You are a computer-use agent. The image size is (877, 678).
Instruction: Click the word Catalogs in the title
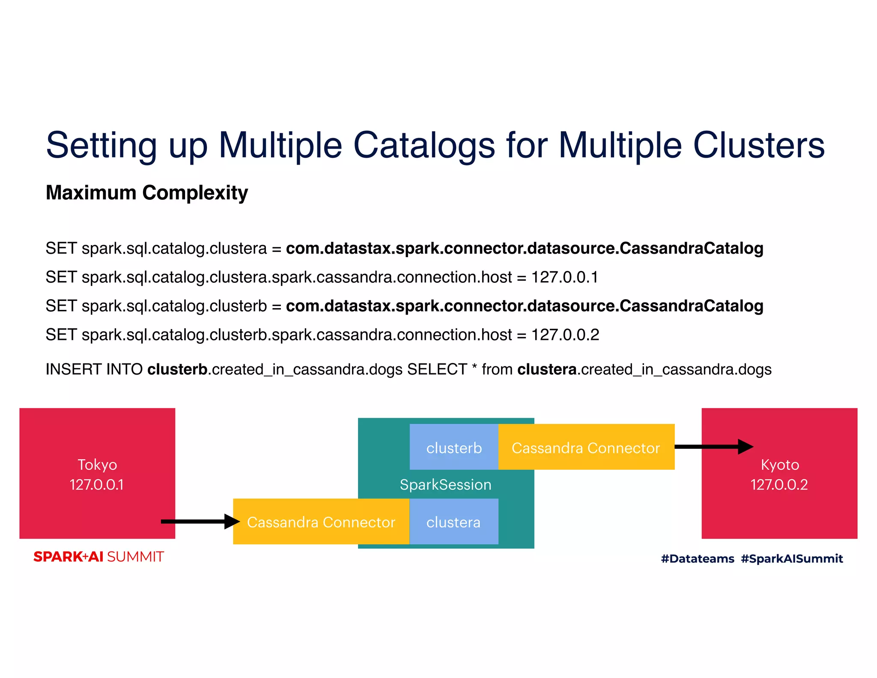(x=424, y=146)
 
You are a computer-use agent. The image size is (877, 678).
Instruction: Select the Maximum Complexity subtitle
(x=147, y=193)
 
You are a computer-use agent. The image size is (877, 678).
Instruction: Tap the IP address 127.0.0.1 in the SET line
(x=564, y=277)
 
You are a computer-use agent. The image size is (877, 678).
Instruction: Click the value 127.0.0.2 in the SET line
(x=565, y=335)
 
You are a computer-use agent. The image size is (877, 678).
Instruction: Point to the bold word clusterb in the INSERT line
(x=177, y=369)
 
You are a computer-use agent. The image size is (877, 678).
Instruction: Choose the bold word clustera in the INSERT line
(x=547, y=369)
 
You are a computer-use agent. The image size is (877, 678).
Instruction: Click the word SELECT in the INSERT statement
(x=437, y=369)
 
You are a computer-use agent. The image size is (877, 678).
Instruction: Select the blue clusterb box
(x=454, y=447)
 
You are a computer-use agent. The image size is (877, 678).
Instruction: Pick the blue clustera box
(x=453, y=522)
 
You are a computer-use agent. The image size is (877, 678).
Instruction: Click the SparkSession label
(x=445, y=485)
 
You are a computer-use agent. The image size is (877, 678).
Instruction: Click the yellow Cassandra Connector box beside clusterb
(x=586, y=447)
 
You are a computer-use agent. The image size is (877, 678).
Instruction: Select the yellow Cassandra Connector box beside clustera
(x=321, y=522)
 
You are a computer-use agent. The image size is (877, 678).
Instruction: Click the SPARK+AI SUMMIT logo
(x=98, y=557)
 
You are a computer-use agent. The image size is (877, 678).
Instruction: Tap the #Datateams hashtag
(x=697, y=558)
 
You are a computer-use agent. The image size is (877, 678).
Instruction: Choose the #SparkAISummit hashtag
(x=791, y=558)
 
